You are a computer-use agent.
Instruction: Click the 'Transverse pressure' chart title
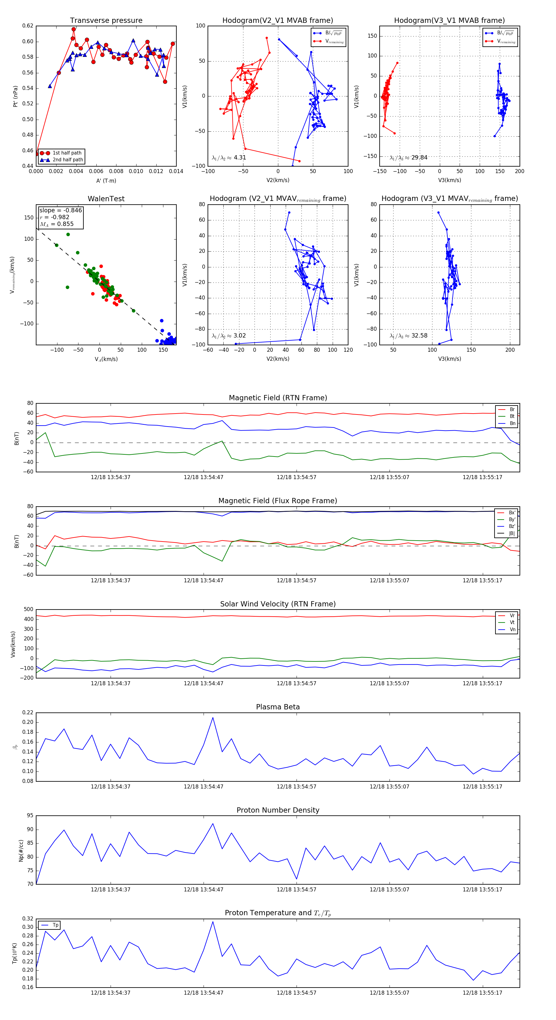click(106, 21)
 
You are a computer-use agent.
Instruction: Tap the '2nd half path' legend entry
click(68, 160)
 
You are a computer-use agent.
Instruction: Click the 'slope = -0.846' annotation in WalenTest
click(61, 210)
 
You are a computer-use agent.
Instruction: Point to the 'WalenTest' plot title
click(106, 199)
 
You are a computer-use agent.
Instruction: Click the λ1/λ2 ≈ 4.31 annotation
click(229, 158)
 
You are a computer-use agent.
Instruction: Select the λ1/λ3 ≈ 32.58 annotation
click(408, 336)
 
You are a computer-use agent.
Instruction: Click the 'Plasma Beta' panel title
click(278, 707)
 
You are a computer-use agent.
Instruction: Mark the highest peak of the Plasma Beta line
click(213, 717)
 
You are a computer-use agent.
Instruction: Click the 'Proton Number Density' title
click(278, 810)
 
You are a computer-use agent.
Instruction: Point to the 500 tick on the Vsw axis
click(28, 610)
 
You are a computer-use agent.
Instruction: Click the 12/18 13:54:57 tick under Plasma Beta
click(297, 786)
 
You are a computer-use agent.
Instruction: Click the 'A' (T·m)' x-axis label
click(106, 181)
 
